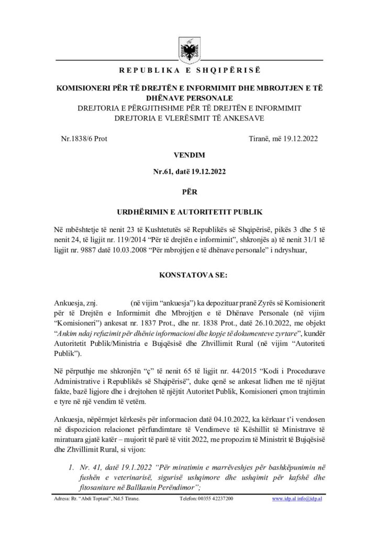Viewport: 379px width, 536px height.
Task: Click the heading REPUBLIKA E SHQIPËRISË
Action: pos(189,70)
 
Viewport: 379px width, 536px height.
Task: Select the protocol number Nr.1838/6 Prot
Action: pos(85,139)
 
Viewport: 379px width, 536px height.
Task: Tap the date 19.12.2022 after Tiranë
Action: pos(299,139)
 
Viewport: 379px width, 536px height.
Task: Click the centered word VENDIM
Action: pos(189,155)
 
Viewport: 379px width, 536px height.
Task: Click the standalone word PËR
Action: pos(189,192)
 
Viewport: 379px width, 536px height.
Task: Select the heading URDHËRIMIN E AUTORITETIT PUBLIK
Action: pos(189,213)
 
